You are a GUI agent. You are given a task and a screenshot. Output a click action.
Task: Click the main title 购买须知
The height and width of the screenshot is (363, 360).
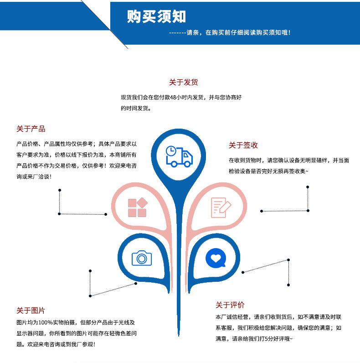point(156,17)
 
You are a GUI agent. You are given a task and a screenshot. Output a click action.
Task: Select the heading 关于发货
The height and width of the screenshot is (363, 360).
point(183,83)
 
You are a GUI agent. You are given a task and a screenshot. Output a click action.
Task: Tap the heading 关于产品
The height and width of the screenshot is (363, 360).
point(31,129)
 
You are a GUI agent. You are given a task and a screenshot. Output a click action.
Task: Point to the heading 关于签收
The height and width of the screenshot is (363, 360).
point(243,145)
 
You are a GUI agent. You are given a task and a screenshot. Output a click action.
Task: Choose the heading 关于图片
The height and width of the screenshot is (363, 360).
point(31,311)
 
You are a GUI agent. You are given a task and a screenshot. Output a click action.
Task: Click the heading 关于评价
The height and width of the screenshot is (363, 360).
point(230,305)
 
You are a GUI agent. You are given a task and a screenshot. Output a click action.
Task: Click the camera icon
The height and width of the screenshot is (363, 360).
point(142,258)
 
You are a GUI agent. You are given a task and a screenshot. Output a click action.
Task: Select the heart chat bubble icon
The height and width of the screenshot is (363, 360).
point(216,258)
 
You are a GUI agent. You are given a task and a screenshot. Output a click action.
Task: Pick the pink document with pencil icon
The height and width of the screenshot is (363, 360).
point(221,207)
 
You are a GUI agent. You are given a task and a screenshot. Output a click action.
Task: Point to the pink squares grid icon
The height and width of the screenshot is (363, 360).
point(137,207)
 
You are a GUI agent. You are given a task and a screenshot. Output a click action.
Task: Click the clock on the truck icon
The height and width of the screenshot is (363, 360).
point(170,150)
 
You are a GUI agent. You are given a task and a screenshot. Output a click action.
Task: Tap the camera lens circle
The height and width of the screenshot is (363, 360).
point(142,259)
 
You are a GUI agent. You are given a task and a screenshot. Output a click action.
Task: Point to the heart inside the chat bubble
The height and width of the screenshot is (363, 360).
point(215,257)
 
